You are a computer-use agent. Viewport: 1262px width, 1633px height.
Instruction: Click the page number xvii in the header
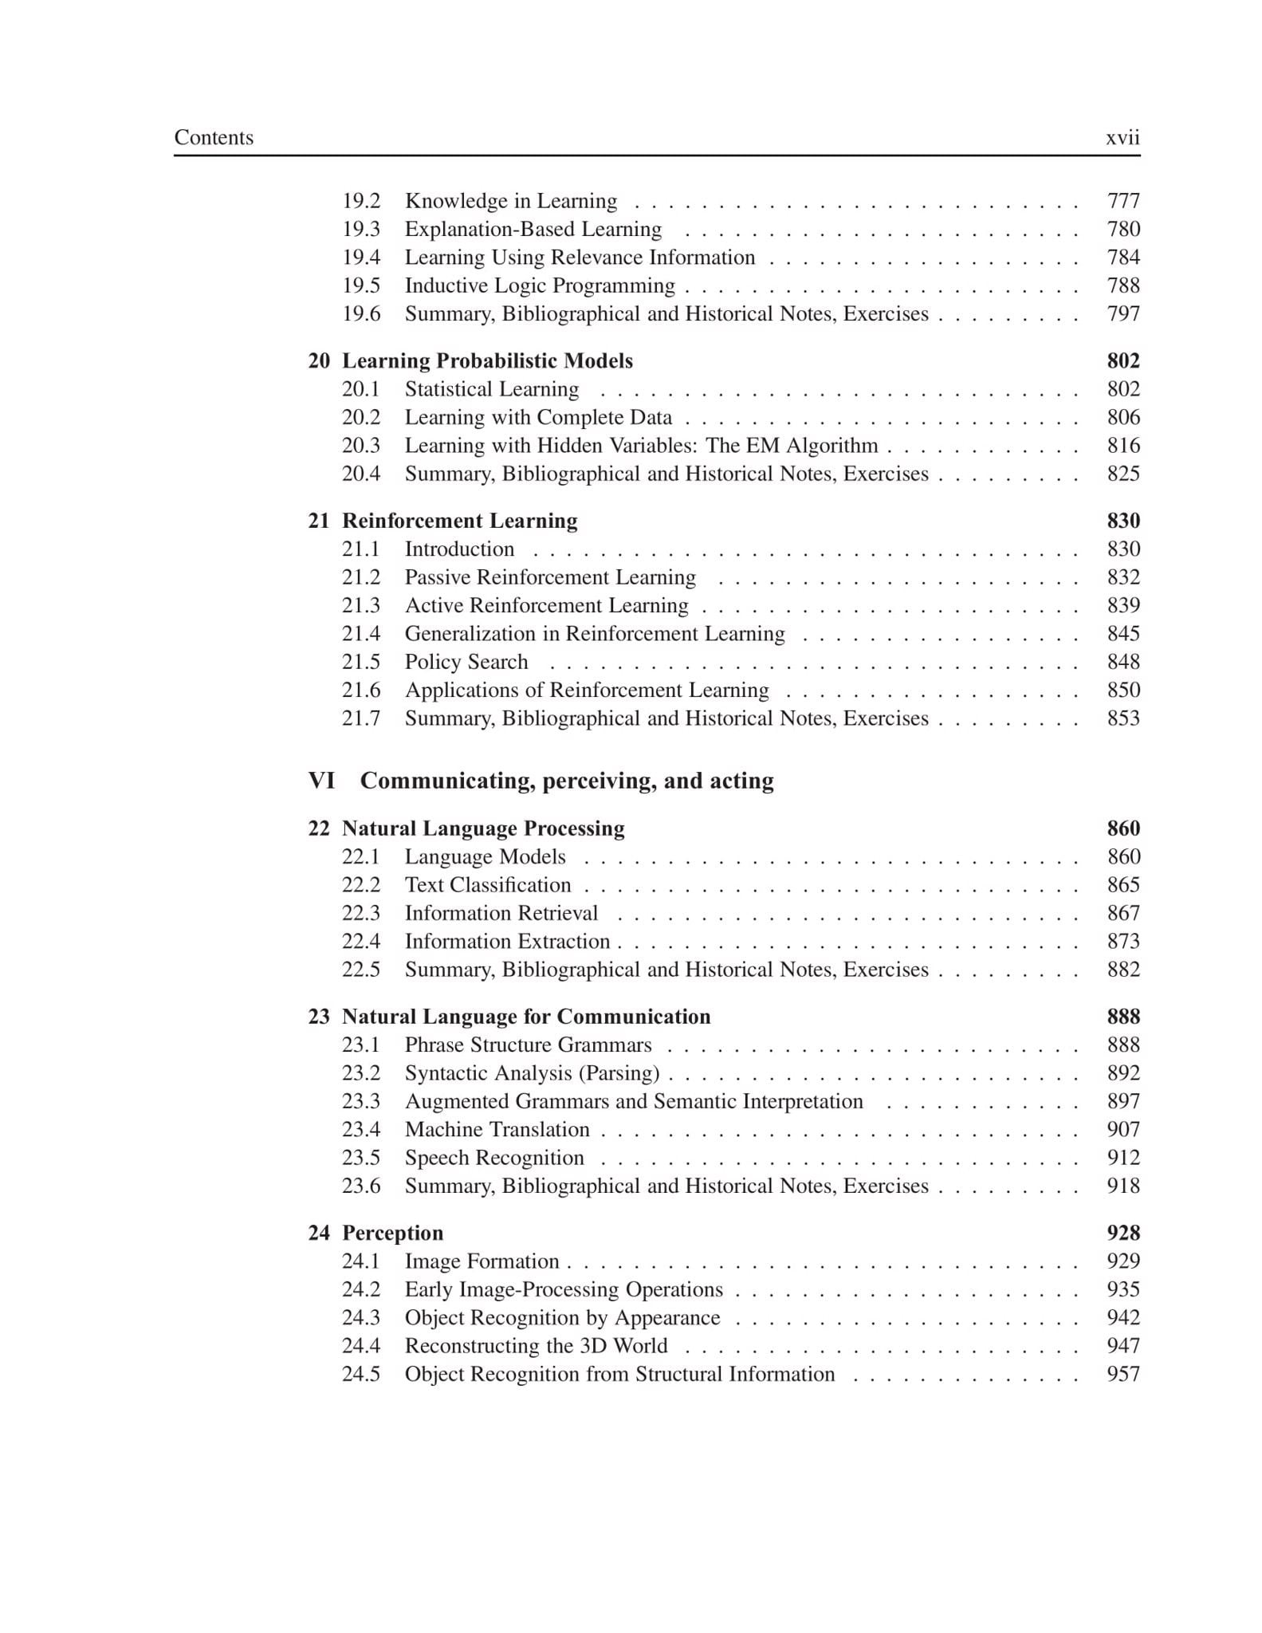(1122, 138)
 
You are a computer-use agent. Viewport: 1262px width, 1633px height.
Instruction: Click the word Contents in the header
(214, 138)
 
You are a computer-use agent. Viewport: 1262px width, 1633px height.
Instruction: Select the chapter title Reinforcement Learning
(459, 521)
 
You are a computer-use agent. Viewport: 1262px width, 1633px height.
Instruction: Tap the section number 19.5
(361, 285)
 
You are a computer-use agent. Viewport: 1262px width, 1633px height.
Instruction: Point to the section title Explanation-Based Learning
(533, 230)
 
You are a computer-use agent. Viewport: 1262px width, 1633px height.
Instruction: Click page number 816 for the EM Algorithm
(1122, 446)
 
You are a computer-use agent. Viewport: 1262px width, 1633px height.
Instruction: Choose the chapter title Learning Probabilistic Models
(487, 361)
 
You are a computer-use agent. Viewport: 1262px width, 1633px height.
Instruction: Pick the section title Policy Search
(466, 662)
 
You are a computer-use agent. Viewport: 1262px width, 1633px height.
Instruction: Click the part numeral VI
(321, 781)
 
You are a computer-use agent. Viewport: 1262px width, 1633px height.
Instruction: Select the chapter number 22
(319, 828)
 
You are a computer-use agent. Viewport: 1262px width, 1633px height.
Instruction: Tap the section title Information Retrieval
(501, 913)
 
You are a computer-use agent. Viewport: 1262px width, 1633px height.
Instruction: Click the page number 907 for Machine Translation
(1122, 1129)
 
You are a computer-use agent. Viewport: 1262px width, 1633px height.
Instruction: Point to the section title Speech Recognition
(494, 1158)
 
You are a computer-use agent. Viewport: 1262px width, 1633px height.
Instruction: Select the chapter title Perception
(392, 1233)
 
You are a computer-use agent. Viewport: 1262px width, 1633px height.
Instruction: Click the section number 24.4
(361, 1346)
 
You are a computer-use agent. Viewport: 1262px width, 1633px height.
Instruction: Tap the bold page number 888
(1122, 1017)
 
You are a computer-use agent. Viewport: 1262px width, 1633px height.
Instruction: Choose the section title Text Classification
(487, 885)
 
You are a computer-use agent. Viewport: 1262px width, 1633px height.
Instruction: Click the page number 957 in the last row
(1122, 1374)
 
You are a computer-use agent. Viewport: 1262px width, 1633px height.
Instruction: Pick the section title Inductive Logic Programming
(539, 285)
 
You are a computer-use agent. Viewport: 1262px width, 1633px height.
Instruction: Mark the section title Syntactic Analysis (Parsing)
(532, 1073)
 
